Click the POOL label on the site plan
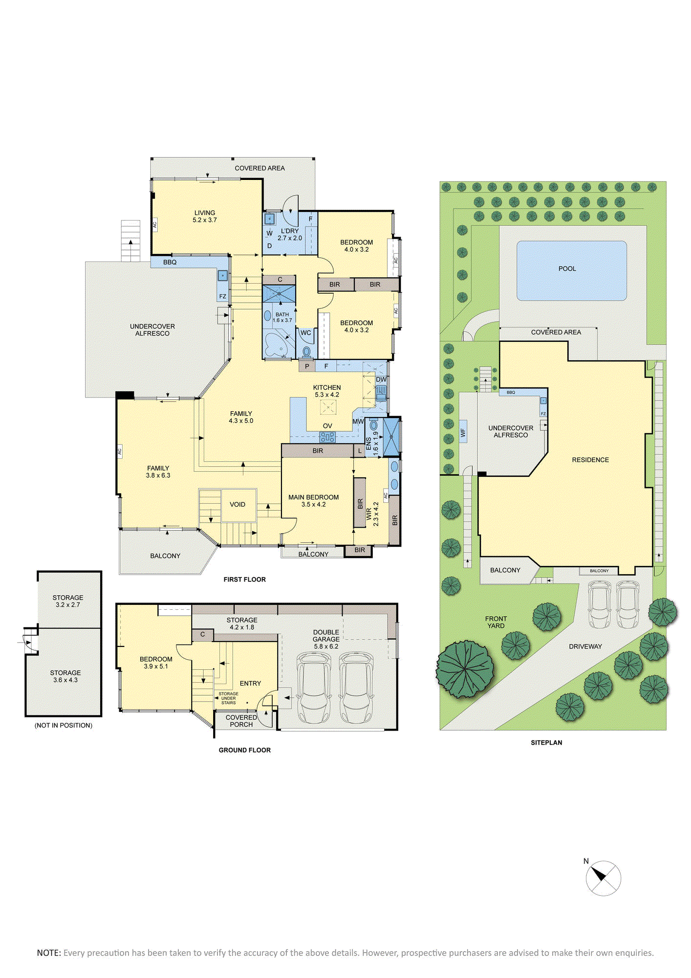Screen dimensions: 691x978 coord(567,268)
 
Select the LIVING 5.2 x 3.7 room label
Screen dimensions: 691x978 coord(204,216)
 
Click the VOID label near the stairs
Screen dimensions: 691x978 coord(238,504)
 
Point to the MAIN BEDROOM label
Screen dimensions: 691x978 coord(313,497)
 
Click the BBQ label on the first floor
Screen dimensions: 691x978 coord(170,262)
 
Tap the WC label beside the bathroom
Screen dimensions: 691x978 coord(305,333)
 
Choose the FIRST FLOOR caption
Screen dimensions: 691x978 coord(244,579)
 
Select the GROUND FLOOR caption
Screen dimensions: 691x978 coord(244,750)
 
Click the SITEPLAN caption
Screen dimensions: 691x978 coord(546,742)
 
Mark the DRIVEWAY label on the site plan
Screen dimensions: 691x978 coord(585,646)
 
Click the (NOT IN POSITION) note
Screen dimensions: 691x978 coord(63,725)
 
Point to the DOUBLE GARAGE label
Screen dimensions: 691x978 coord(326,636)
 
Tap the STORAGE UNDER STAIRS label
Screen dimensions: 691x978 coord(228,698)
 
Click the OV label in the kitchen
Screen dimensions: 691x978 coord(327,426)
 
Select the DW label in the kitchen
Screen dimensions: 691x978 coord(381,379)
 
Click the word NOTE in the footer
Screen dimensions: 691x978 coord(49,953)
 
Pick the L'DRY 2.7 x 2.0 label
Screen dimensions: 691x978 coord(290,234)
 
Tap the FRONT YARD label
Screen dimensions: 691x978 coord(496,622)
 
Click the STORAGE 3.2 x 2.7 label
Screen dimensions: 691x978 coord(68,601)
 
